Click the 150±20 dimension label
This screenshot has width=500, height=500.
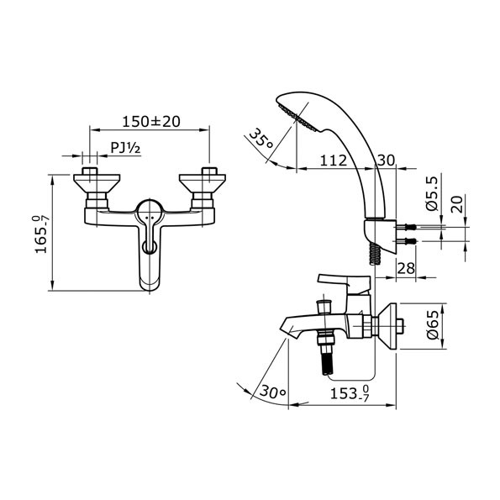pos(151,122)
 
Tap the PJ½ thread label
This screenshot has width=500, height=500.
pos(125,148)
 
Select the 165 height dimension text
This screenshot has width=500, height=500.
pos(42,234)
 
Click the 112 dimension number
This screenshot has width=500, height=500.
pos(334,160)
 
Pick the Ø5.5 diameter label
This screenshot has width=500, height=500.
pos(433,193)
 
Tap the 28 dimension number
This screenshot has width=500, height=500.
pos(406,268)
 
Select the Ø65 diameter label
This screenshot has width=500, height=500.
pos(434,325)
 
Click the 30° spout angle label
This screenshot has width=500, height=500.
pos(273,390)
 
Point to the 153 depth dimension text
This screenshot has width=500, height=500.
pos(350,393)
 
